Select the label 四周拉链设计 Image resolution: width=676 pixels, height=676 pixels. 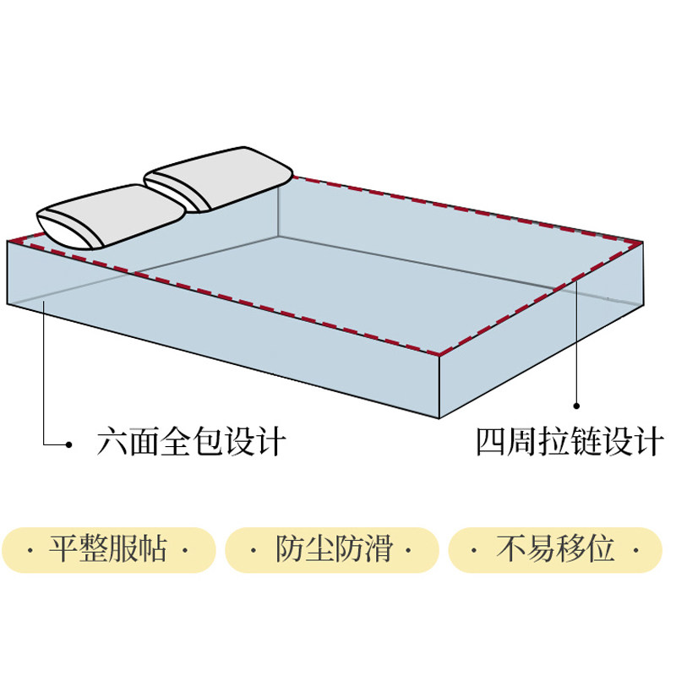tap(569, 442)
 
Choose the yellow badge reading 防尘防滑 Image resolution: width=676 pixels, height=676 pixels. tap(333, 550)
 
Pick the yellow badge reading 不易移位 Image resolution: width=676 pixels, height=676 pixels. tap(554, 550)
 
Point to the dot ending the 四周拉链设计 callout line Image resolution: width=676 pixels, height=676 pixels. tap(578, 404)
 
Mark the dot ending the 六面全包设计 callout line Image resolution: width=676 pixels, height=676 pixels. tap(69, 444)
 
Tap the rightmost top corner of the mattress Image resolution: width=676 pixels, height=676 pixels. tap(642, 240)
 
